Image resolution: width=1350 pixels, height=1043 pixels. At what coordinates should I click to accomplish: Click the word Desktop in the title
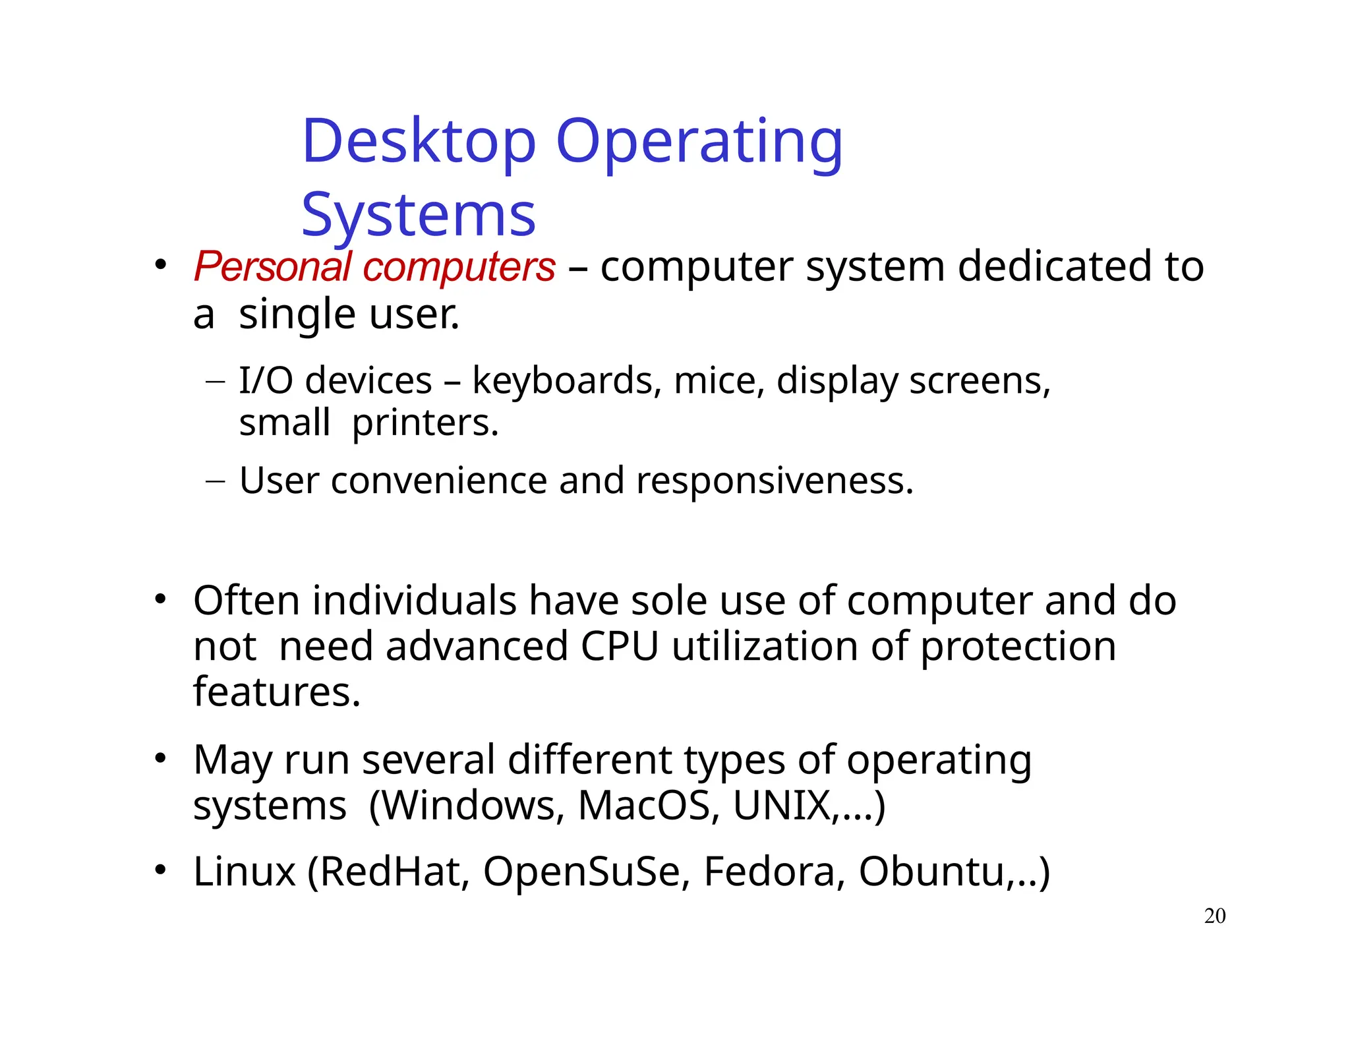click(419, 142)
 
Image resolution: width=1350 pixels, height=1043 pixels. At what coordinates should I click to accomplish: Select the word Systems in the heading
click(419, 215)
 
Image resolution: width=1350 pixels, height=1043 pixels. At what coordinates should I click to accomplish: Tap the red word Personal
click(272, 267)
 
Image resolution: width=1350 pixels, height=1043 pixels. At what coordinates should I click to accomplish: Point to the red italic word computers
click(459, 267)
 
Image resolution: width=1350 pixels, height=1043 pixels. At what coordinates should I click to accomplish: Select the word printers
click(425, 423)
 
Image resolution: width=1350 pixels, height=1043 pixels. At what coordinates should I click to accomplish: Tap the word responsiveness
click(775, 480)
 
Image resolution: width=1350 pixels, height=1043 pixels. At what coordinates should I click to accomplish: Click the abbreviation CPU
click(620, 646)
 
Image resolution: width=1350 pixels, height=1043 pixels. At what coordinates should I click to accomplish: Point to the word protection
click(1018, 646)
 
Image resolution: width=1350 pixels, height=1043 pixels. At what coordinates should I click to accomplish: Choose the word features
click(277, 692)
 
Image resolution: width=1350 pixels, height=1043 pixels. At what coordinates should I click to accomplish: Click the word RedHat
click(389, 872)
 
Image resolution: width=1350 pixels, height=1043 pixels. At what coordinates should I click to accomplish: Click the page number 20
click(1215, 916)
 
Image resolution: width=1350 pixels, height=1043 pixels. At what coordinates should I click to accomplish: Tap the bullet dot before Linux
click(160, 870)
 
